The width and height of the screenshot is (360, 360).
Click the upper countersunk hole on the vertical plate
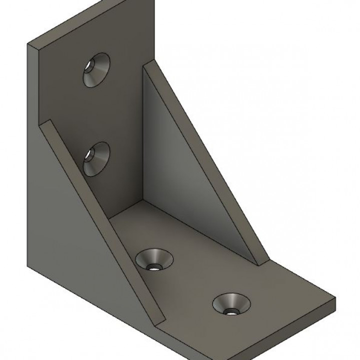pos(96,70)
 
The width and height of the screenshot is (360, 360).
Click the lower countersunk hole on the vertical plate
pos(96,158)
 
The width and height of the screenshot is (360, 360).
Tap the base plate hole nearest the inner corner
pos(155,259)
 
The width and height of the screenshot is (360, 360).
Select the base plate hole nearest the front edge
pos(231,304)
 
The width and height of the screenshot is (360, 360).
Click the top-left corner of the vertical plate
pos(28,44)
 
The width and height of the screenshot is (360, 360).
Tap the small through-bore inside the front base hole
pos(230,311)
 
